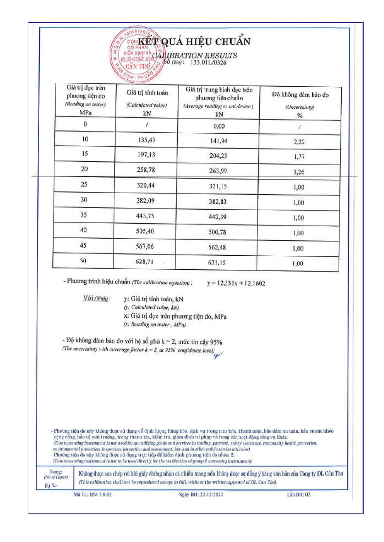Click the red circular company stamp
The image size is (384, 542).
(x=136, y=55)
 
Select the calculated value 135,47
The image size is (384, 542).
(x=146, y=140)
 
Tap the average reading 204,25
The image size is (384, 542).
(x=218, y=156)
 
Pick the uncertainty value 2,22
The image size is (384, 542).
(x=299, y=142)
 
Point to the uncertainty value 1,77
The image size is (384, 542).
(x=299, y=157)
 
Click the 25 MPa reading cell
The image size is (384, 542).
(x=84, y=184)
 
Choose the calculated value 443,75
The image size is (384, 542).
(x=145, y=216)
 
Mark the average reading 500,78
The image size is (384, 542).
(x=217, y=232)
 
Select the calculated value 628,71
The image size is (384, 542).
(x=144, y=262)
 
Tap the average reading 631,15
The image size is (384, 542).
(x=216, y=263)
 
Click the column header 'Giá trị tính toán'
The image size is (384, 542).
(x=147, y=93)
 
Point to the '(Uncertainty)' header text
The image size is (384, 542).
(x=299, y=107)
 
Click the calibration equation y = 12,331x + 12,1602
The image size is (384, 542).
(x=236, y=283)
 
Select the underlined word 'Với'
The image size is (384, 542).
(x=88, y=298)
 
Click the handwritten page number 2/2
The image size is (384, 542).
(x=51, y=485)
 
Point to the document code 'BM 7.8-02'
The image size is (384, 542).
(x=101, y=494)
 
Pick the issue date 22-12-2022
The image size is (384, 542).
(x=211, y=494)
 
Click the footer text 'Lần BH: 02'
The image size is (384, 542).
(x=298, y=494)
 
